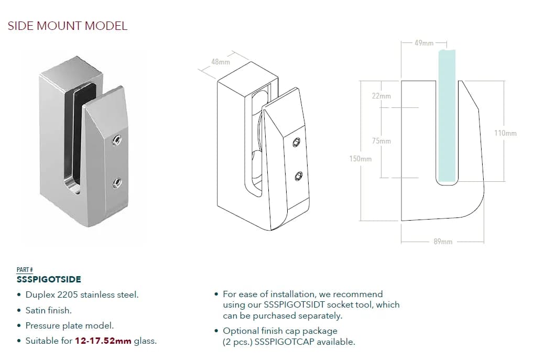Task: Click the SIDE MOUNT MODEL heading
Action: [x=68, y=26]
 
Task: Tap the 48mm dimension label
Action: [x=221, y=62]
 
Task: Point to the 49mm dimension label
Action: [x=424, y=43]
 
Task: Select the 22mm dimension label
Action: [x=382, y=96]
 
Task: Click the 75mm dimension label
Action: [x=382, y=141]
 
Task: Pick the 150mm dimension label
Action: [x=361, y=159]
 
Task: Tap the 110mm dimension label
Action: [x=505, y=133]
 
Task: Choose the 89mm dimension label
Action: [x=443, y=242]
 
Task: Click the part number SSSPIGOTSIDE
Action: [x=49, y=279]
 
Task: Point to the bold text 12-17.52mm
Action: [x=103, y=341]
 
